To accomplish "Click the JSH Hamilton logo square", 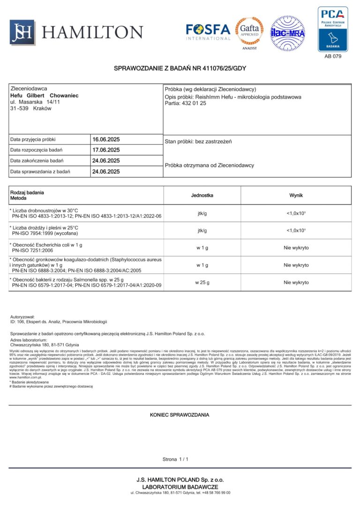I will coord(22,32).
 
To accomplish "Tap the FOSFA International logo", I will coord(208,31).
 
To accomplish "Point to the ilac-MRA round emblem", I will coord(287,33).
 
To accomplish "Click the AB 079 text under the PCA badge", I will coord(333,56).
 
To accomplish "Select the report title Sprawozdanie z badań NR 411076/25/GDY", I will coord(180,69).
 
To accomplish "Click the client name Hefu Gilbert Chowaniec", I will coord(44,95).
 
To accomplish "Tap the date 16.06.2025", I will coord(106,139).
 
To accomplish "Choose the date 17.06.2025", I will coord(106,150).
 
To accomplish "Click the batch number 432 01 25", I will coord(194,103).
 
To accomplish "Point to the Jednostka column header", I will coord(202,195).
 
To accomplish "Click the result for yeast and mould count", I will coord(296,230).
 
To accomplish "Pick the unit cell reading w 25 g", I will coord(202,282).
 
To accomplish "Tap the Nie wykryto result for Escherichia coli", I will coord(296,248).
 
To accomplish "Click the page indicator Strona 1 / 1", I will coord(175,459).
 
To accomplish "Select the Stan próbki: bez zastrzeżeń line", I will coord(198,141).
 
